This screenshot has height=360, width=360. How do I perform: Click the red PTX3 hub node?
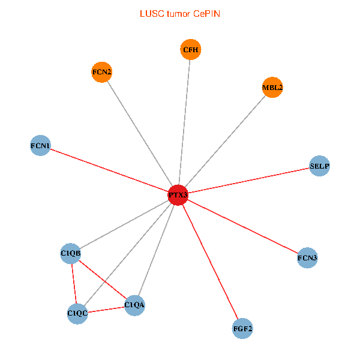click(x=178, y=195)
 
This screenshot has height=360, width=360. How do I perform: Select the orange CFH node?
click(x=190, y=50)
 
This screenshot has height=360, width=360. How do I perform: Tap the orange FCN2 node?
click(x=102, y=73)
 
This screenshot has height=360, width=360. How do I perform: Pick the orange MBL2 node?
click(x=272, y=88)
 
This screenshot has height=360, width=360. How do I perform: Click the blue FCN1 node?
click(x=40, y=145)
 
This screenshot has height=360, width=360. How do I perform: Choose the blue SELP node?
click(x=320, y=166)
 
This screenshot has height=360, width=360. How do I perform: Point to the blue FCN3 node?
click(x=307, y=258)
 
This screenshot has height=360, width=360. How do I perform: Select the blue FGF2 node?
click(x=242, y=329)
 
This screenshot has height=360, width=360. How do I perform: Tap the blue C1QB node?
click(x=71, y=253)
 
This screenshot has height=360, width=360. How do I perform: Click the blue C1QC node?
click(x=77, y=313)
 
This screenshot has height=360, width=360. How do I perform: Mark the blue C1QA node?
click(x=134, y=305)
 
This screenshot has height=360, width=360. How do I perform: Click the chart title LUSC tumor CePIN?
click(x=180, y=13)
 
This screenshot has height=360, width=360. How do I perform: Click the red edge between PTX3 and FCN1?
click(x=108, y=170)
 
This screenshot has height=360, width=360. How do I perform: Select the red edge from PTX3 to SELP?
click(x=249, y=180)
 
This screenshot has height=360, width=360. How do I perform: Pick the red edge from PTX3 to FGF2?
click(x=210, y=262)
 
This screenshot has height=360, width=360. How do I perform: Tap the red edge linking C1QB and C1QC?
click(x=74, y=283)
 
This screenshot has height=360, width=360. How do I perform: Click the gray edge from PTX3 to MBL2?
click(x=225, y=141)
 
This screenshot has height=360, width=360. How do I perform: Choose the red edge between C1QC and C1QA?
click(x=106, y=309)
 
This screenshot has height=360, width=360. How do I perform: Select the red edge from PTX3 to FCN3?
click(x=242, y=227)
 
